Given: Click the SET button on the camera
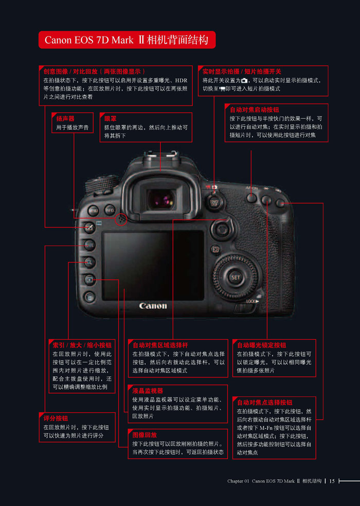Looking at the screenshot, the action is [x=235, y=277].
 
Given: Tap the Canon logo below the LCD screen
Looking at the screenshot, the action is [x=153, y=306].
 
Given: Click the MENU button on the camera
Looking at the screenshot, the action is [x=94, y=211].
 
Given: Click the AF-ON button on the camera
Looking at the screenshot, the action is [x=251, y=198].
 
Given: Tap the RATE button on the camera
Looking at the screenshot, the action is [x=89, y=245].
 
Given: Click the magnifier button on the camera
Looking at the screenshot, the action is [x=89, y=262].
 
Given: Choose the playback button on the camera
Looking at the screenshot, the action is [x=89, y=280].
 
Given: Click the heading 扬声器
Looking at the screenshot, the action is [x=65, y=118].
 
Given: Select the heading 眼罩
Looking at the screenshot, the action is [x=110, y=118].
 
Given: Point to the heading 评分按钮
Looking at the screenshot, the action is [x=56, y=418].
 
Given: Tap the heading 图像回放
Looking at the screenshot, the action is [x=145, y=435].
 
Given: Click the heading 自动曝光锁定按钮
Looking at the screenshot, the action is [x=261, y=345].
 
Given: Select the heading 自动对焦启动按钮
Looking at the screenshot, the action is [x=254, y=110].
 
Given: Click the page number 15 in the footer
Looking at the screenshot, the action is [x=332, y=481].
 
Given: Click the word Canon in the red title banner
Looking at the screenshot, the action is [x=58, y=40].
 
